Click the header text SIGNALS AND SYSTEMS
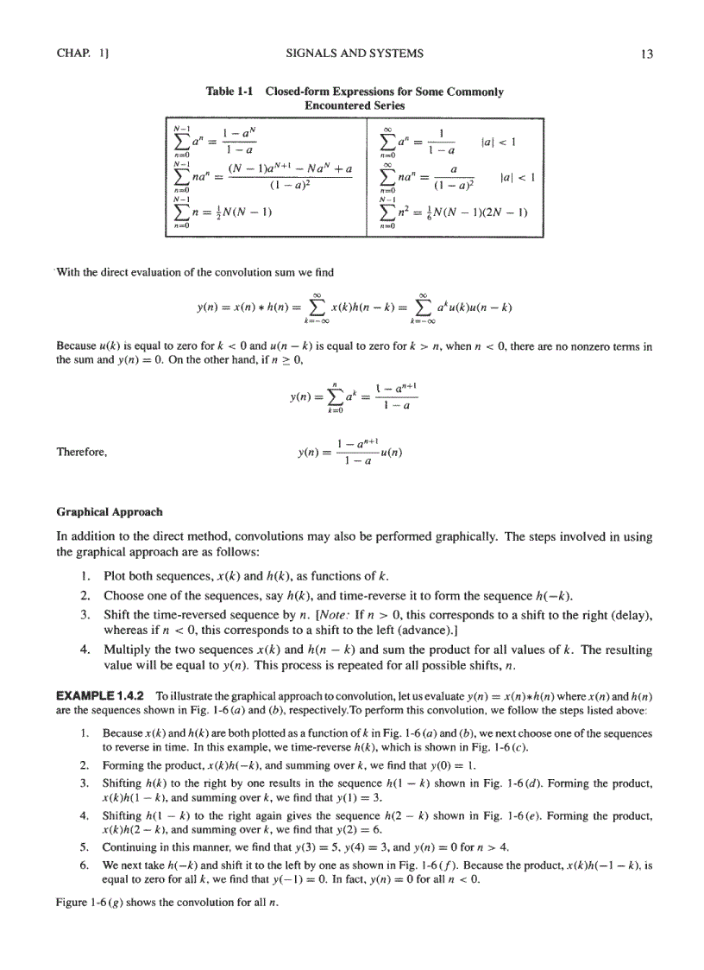tap(354, 54)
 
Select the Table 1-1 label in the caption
tap(231, 92)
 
